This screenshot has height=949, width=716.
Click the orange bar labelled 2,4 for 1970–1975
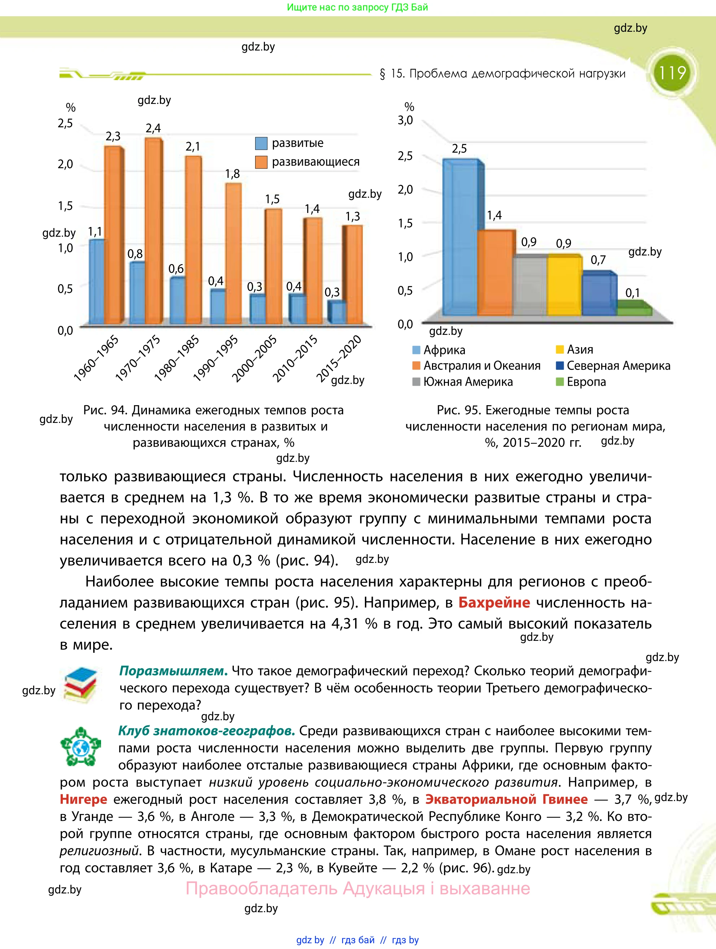click(153, 232)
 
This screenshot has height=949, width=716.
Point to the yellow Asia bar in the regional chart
click(564, 285)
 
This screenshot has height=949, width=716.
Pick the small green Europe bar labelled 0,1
click(634, 311)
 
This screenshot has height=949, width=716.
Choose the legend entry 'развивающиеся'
click(315, 162)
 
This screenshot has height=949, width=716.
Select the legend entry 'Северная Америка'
click(618, 366)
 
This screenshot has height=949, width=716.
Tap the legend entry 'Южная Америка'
click(468, 382)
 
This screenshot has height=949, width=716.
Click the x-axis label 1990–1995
click(216, 358)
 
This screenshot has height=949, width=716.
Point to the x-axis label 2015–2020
click(339, 358)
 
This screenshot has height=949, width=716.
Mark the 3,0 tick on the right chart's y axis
click(405, 120)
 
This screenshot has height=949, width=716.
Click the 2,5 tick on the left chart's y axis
click(65, 123)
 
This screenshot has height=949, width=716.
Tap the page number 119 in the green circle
click(672, 73)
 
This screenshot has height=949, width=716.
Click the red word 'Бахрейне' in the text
click(494, 602)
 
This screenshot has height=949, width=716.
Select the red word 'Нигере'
click(84, 799)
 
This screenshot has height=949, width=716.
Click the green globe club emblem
click(80, 747)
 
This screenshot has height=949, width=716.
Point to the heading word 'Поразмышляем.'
click(173, 670)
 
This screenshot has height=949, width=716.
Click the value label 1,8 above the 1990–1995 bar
click(232, 174)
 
